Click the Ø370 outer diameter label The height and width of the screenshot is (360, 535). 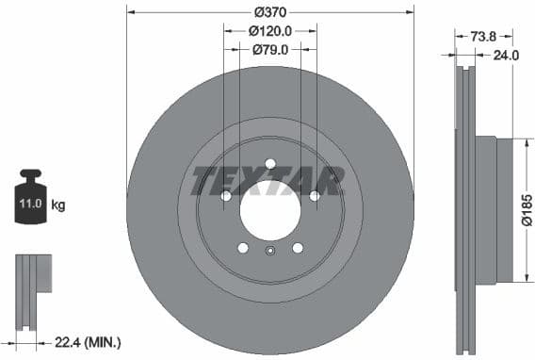pyautogui.click(x=270, y=12)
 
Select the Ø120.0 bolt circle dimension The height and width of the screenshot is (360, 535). pyautogui.click(x=270, y=30)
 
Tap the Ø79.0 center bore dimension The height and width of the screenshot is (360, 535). pyautogui.click(x=270, y=49)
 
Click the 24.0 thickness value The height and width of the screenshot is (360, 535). pyautogui.click(x=506, y=56)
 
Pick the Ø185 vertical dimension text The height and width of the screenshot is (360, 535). pyautogui.click(x=527, y=209)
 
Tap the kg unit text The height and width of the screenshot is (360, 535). pyautogui.click(x=58, y=204)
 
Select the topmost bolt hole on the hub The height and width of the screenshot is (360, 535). pyautogui.click(x=270, y=164)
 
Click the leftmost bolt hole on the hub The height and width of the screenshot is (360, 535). pyautogui.click(x=226, y=196)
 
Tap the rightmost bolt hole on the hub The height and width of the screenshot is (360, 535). pyautogui.click(x=315, y=196)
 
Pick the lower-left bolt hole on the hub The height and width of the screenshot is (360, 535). pyautogui.click(x=243, y=247)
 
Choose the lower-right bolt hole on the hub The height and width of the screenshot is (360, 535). pyautogui.click(x=298, y=247)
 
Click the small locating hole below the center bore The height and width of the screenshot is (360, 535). pyautogui.click(x=270, y=251)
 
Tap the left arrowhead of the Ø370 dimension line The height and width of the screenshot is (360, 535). pyautogui.click(x=130, y=12)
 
